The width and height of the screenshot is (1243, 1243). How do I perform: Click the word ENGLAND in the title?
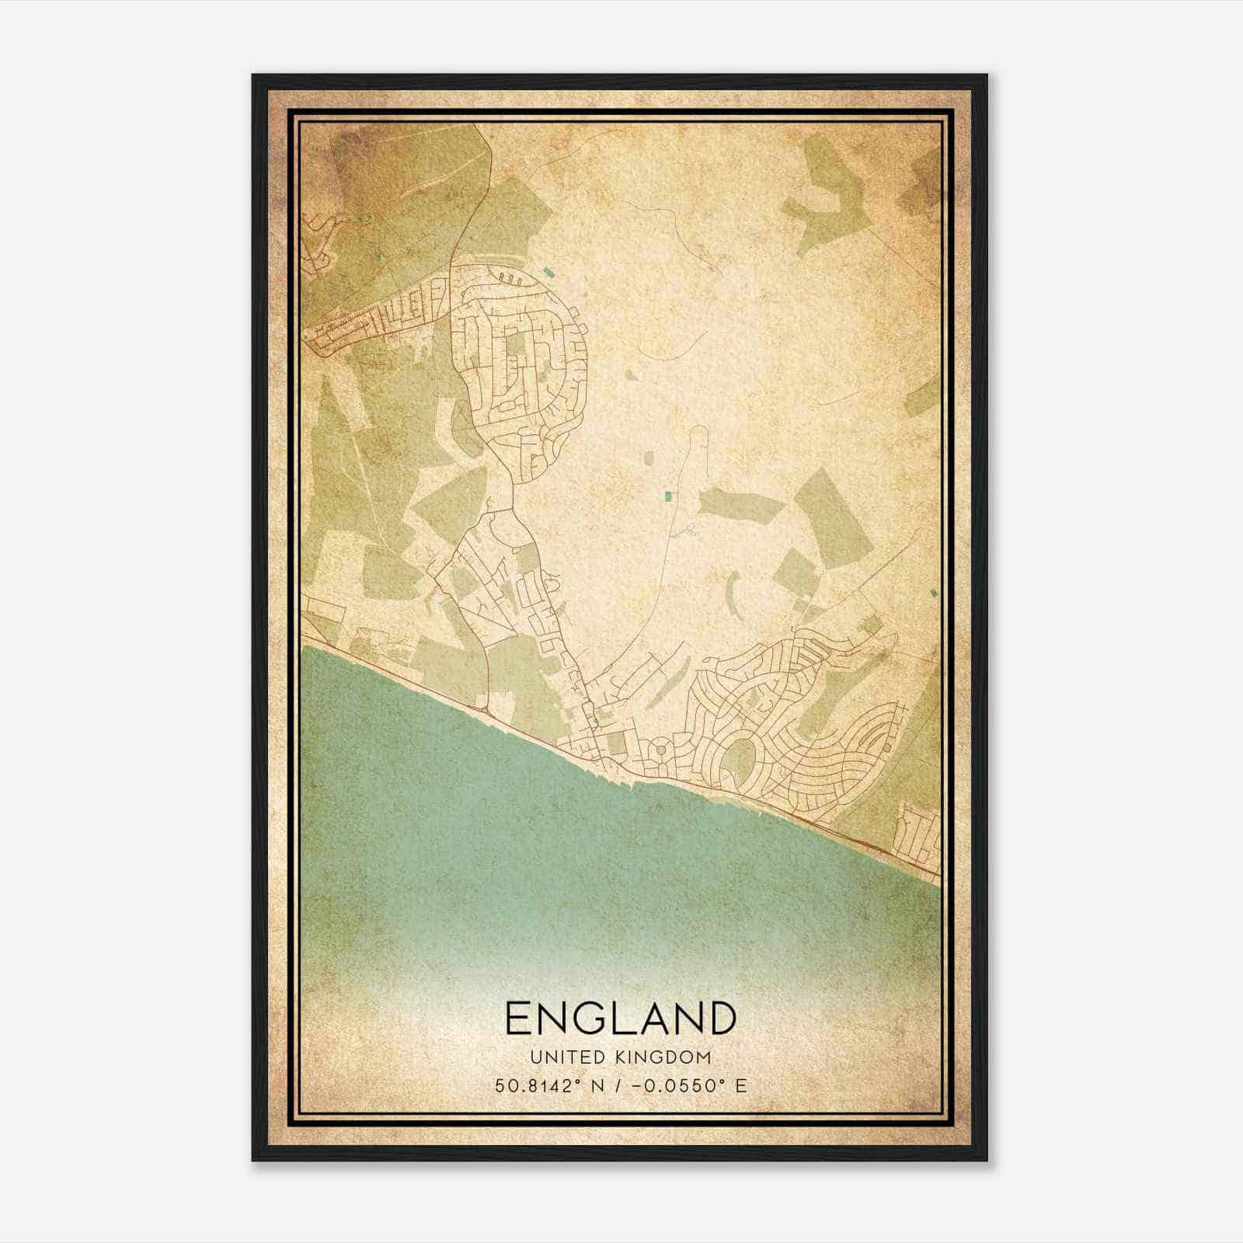click(x=621, y=1018)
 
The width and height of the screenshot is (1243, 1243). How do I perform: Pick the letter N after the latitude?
click(x=597, y=1085)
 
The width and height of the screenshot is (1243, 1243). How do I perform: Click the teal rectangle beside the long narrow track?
click(x=667, y=495)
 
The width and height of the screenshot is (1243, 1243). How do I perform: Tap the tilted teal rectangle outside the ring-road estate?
click(x=549, y=272)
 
